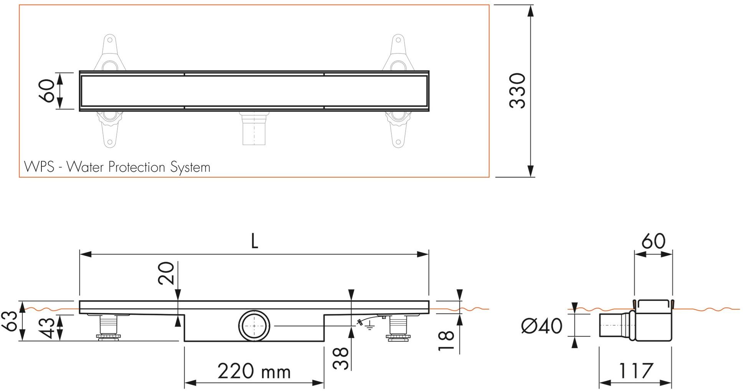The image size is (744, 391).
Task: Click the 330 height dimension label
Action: point(517,91)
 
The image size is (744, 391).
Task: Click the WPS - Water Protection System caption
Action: point(117,167)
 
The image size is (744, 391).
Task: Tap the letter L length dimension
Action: point(254,242)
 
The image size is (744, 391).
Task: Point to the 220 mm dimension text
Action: point(254,371)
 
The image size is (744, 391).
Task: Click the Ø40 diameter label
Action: point(541,326)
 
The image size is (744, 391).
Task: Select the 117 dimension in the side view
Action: point(635,371)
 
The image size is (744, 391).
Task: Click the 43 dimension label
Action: point(48,327)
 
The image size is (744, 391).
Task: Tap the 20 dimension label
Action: point(166,273)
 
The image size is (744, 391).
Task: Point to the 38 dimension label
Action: point(341,358)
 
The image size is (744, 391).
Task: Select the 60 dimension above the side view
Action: point(653,242)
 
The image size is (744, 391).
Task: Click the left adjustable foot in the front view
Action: point(108,327)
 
